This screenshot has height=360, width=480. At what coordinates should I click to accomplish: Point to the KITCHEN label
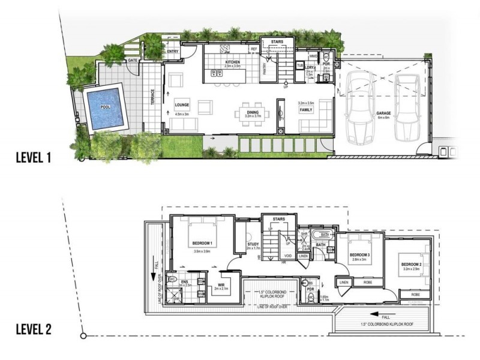click(232, 62)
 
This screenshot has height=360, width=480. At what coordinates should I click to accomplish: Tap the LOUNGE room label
click(182, 104)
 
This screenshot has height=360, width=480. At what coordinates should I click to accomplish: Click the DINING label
click(252, 104)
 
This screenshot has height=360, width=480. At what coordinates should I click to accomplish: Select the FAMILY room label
click(307, 110)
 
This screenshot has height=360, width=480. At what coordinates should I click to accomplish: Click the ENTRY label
click(173, 51)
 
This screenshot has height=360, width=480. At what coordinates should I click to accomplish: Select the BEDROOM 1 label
click(203, 243)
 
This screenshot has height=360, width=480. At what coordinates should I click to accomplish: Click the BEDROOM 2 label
click(412, 264)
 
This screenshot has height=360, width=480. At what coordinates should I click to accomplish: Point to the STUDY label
click(253, 245)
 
